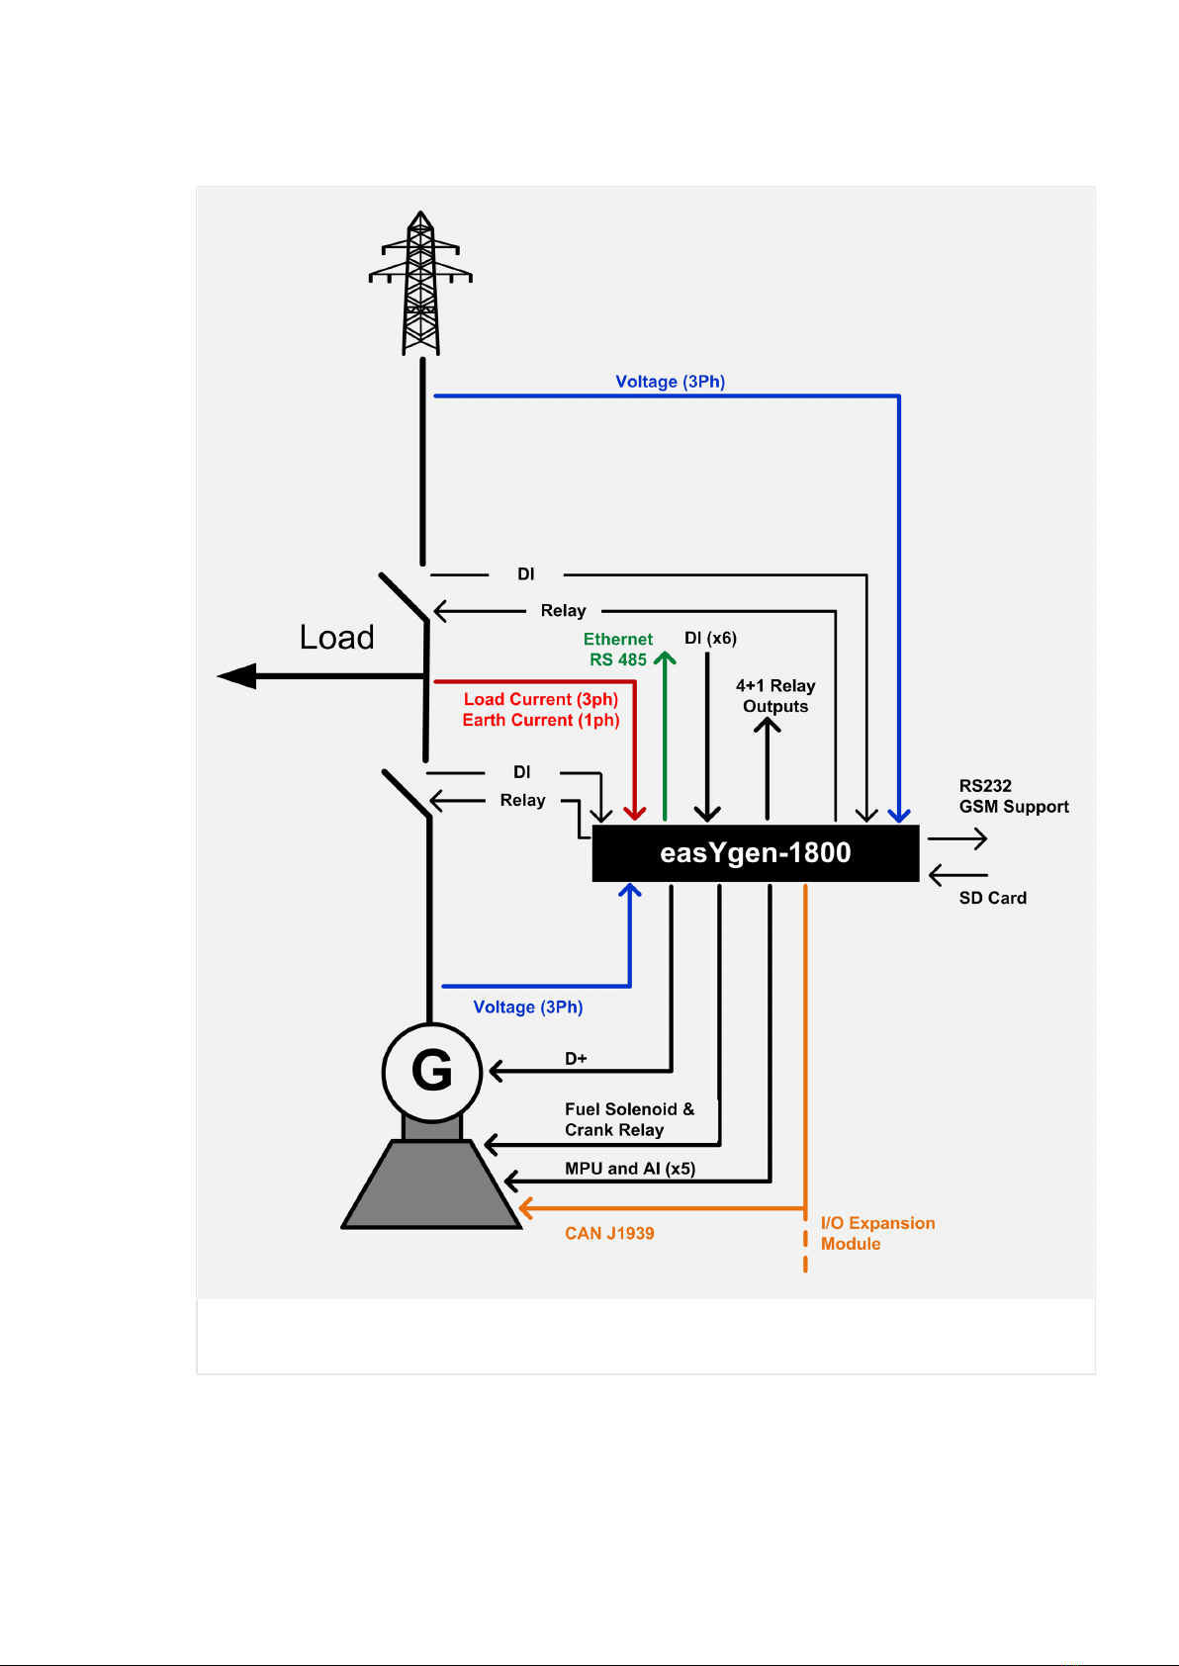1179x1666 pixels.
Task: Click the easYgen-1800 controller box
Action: pyautogui.click(x=755, y=853)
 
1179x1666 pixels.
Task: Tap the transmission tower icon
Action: pyautogui.click(x=420, y=283)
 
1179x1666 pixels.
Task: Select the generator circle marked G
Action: pyautogui.click(x=432, y=1072)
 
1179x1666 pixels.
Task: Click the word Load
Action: pyautogui.click(x=336, y=638)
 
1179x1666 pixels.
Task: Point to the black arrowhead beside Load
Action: pyautogui.click(x=236, y=676)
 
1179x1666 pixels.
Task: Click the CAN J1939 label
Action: pyautogui.click(x=609, y=1233)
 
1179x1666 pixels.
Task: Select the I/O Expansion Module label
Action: pyautogui.click(x=877, y=1233)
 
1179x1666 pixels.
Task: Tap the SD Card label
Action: pyautogui.click(x=992, y=898)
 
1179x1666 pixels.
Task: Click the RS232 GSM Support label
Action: pyautogui.click(x=1013, y=796)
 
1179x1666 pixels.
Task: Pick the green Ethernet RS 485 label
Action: pyautogui.click(x=617, y=650)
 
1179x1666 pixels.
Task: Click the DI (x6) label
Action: pyautogui.click(x=710, y=638)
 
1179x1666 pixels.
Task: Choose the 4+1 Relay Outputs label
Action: pyautogui.click(x=775, y=695)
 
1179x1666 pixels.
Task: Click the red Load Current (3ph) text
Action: pyautogui.click(x=541, y=699)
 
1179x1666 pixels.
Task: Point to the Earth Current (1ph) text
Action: pyautogui.click(x=541, y=720)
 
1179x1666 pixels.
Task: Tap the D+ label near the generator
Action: pyautogui.click(x=576, y=1058)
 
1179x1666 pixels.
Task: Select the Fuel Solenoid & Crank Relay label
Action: pyautogui.click(x=629, y=1119)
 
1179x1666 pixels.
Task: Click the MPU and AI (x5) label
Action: pyautogui.click(x=630, y=1169)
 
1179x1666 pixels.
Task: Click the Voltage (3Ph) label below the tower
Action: pyautogui.click(x=671, y=382)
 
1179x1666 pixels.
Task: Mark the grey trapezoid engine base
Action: pyautogui.click(x=431, y=1184)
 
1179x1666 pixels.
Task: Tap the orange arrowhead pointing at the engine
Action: pyautogui.click(x=525, y=1208)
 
